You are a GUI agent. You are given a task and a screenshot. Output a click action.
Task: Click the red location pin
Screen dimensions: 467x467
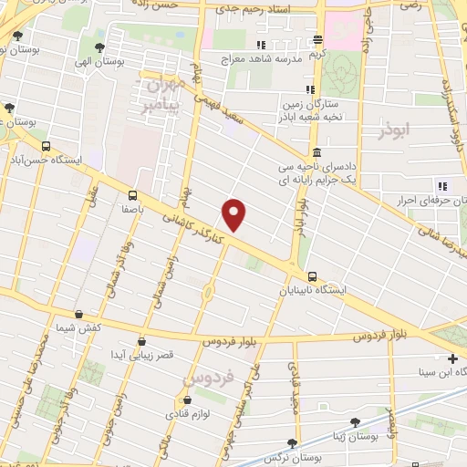click(234, 214)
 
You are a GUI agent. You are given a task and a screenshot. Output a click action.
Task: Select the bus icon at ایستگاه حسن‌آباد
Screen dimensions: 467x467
click(47, 146)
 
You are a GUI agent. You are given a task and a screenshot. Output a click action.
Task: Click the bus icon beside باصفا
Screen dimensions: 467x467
click(133, 194)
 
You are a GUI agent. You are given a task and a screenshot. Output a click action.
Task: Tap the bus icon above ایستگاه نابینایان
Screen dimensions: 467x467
click(313, 275)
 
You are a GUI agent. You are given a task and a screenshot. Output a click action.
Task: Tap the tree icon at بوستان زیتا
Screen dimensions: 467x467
click(355, 421)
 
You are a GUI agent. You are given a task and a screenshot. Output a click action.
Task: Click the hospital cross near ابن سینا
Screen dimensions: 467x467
click(453, 358)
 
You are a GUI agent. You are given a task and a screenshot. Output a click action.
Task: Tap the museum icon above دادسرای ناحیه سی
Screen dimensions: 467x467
click(316, 152)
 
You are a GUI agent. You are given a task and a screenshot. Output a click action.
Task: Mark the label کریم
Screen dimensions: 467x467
click(317, 53)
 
